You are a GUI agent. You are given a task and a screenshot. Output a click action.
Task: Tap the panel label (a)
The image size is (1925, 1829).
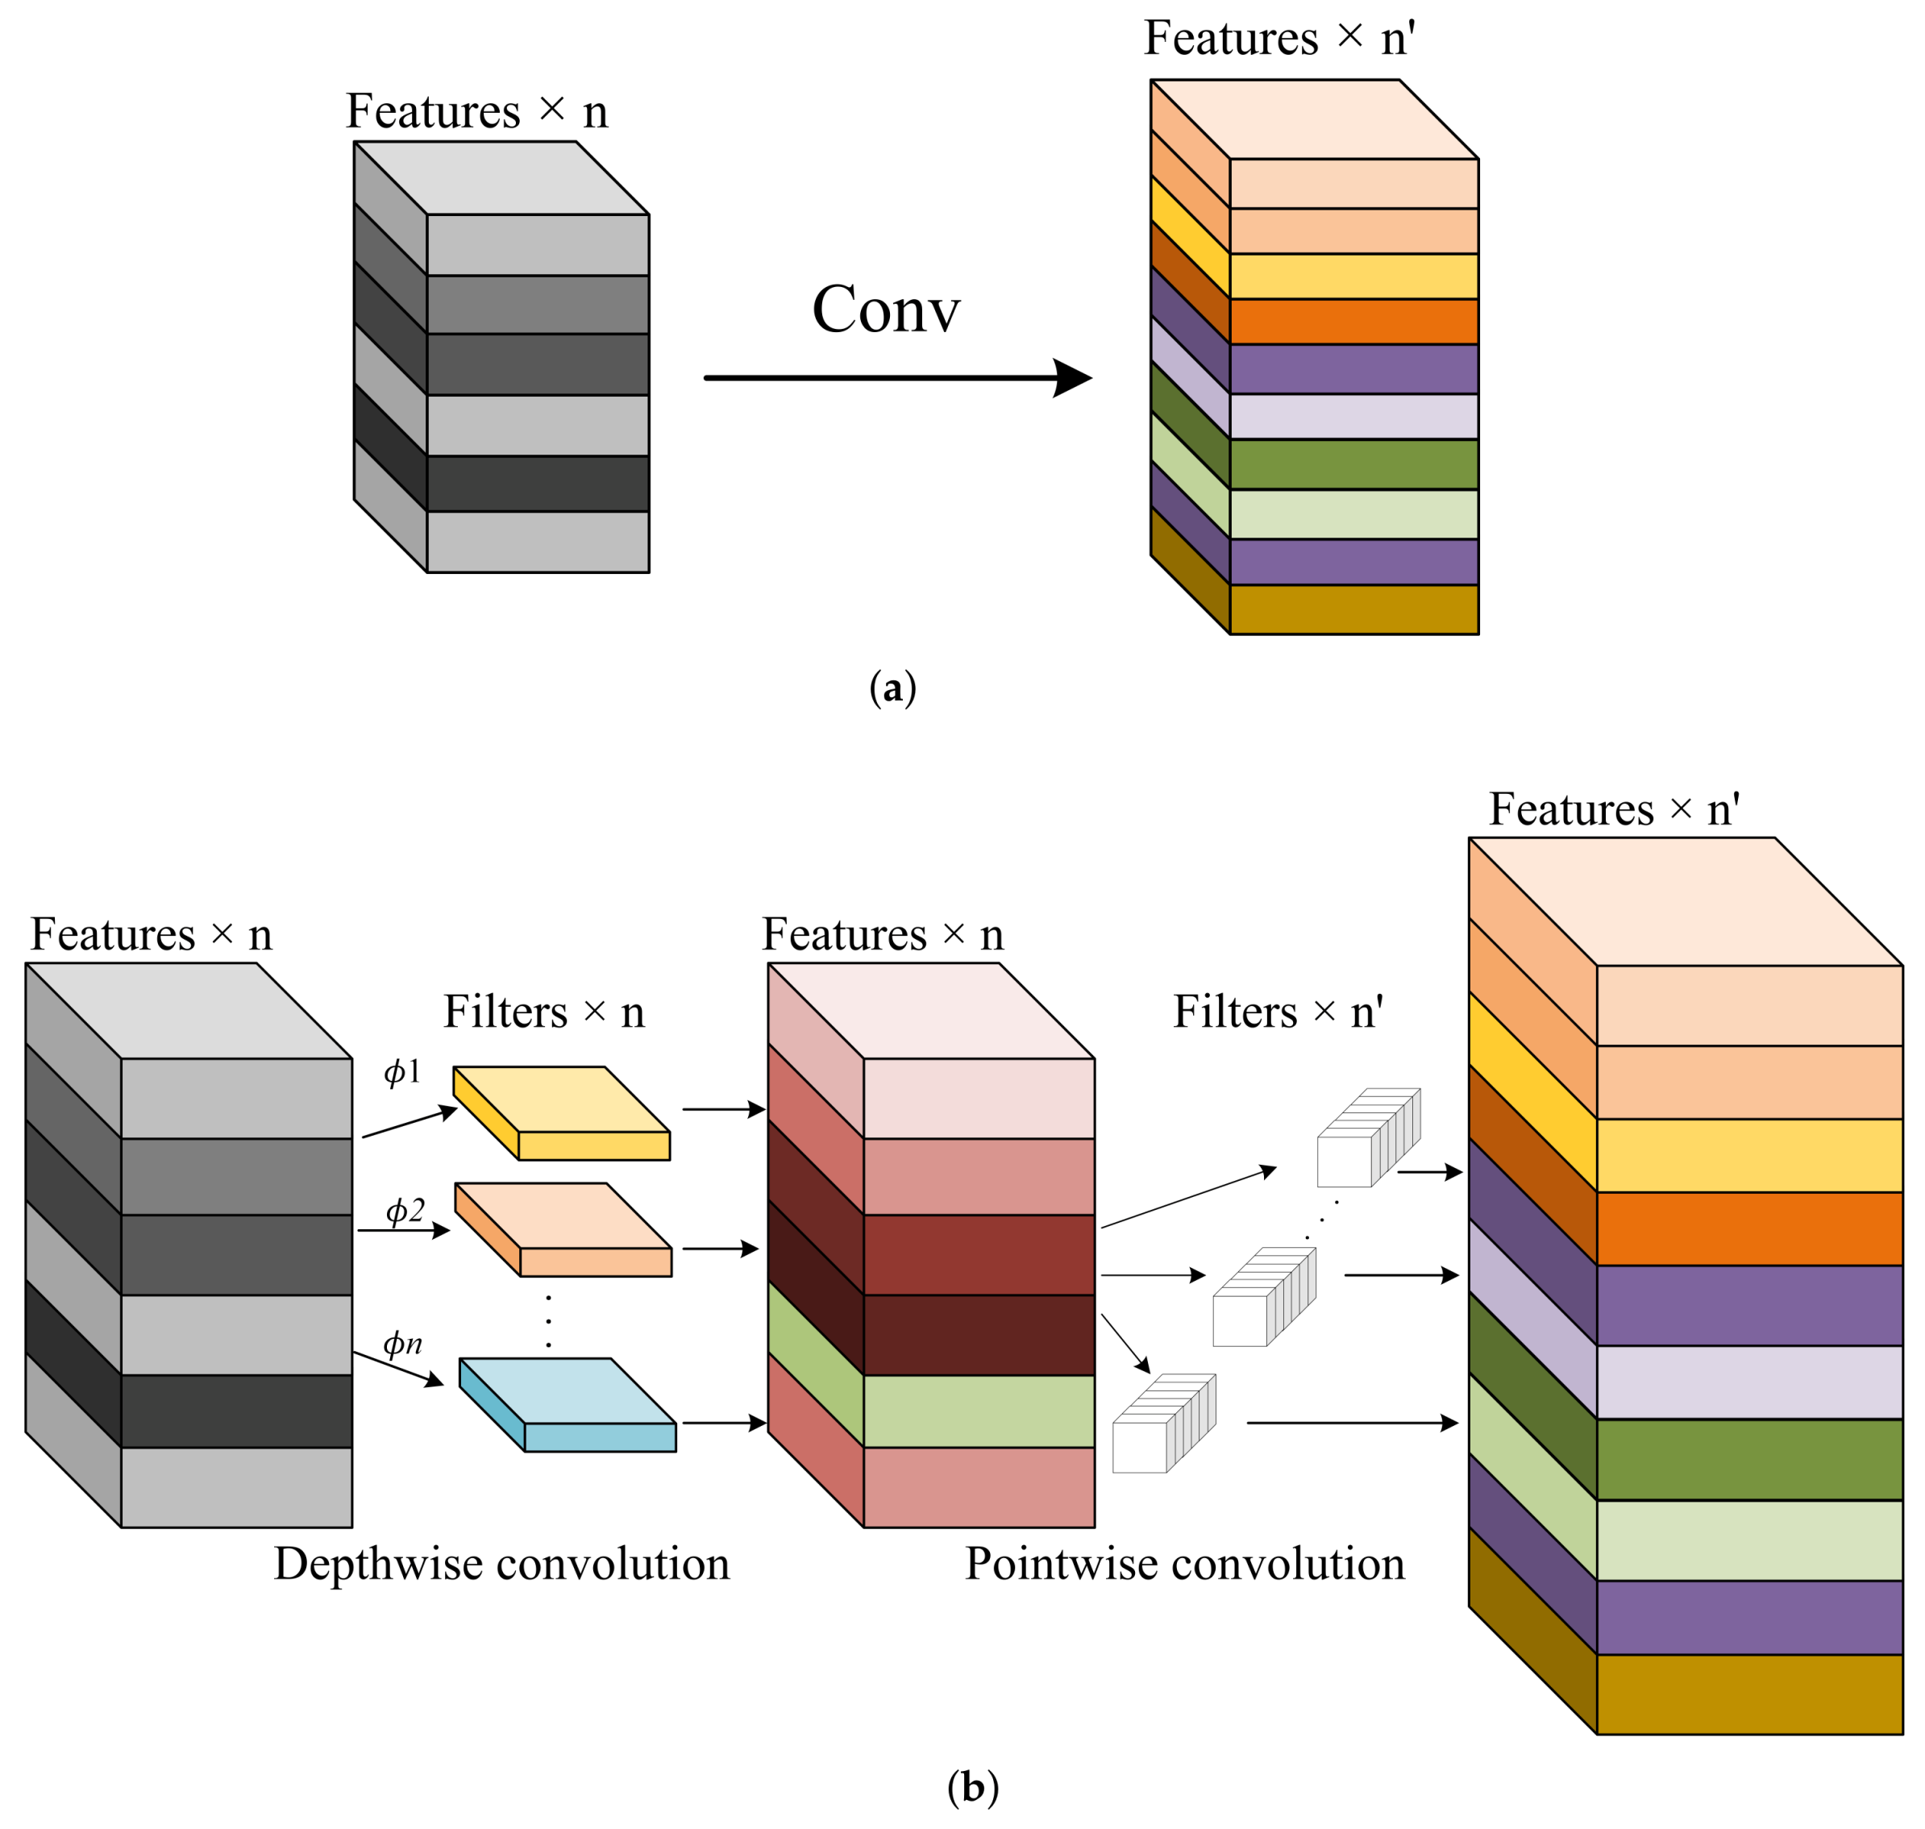click(892, 688)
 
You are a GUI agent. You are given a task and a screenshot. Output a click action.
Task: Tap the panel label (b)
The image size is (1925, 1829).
click(972, 1786)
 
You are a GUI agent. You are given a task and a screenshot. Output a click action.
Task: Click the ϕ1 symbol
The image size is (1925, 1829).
click(401, 1072)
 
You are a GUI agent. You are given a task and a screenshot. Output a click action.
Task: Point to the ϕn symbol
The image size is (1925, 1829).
click(401, 1344)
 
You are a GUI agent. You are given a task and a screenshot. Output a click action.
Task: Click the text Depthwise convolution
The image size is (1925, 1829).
click(501, 1564)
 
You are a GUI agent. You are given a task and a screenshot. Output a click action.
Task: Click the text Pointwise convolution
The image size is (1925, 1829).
click(1184, 1564)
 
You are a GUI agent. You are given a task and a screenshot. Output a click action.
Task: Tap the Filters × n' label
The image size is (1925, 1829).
click(1278, 1012)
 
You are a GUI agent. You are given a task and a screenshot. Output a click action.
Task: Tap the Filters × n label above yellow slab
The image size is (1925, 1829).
click(543, 1012)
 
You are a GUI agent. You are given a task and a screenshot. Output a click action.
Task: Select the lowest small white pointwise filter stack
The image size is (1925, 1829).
click(1162, 1424)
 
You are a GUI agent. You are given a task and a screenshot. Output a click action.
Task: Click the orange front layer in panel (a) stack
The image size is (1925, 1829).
click(1353, 321)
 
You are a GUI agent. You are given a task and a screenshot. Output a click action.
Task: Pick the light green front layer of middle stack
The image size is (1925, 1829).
click(978, 1411)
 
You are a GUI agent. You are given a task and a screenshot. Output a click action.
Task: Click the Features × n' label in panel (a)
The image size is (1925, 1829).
click(1278, 39)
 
